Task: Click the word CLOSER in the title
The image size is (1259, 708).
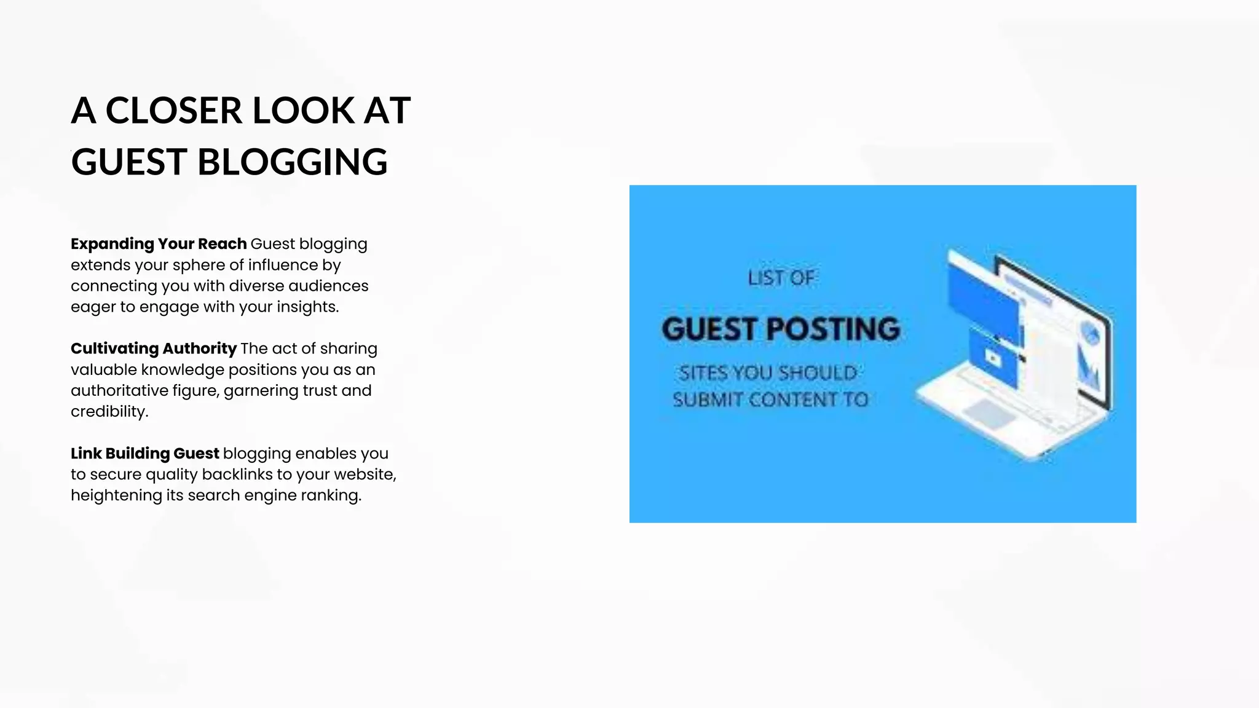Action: tap(174, 111)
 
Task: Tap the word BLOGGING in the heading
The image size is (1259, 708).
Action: tap(292, 163)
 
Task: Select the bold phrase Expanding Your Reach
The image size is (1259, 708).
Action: tap(159, 244)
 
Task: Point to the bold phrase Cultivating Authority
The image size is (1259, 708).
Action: tap(153, 348)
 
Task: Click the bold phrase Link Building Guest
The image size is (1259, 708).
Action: tap(144, 454)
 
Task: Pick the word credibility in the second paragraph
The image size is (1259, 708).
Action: tap(109, 412)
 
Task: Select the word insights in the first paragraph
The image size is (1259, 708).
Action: tap(307, 307)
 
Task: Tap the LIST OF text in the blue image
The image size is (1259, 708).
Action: tap(781, 278)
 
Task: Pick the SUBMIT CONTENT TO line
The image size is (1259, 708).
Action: tap(770, 400)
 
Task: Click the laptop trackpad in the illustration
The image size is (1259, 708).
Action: tap(989, 413)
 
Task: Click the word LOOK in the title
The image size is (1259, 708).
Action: tap(304, 111)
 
